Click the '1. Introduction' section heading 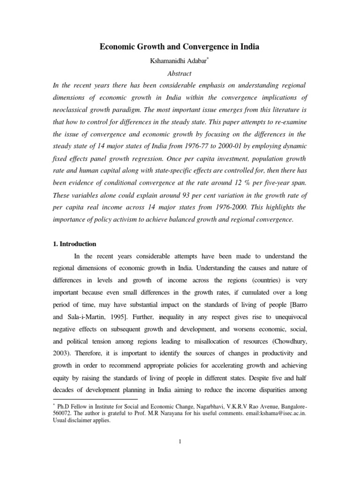click(x=75, y=244)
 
